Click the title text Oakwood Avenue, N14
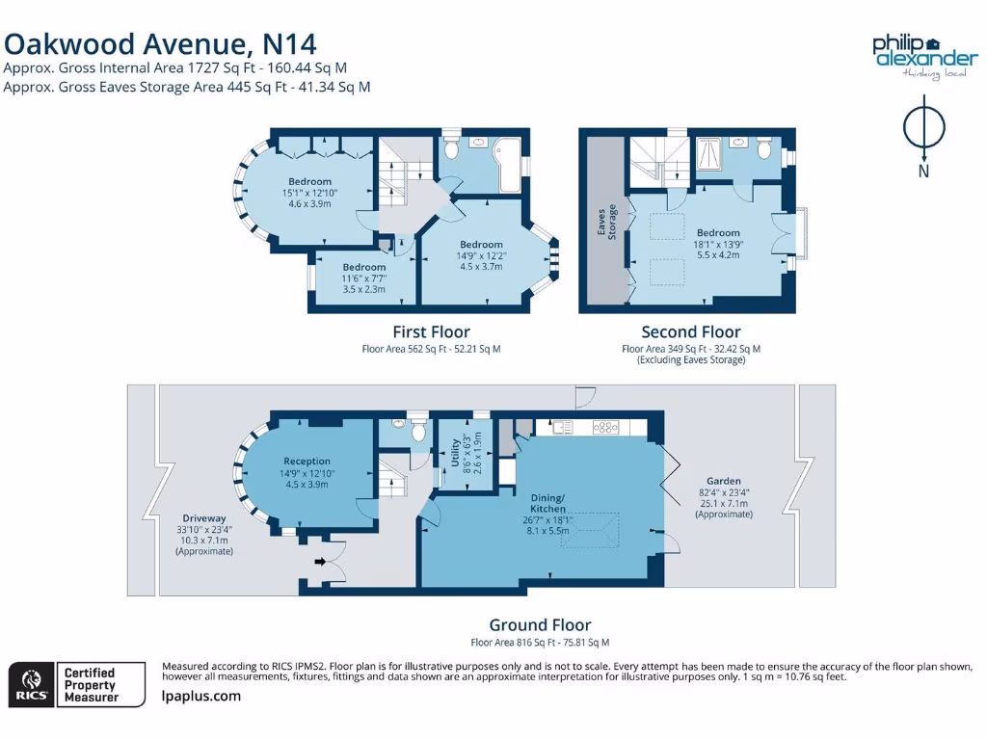tap(160, 43)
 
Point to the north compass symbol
tap(923, 135)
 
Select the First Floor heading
tap(431, 332)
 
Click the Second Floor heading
tap(691, 332)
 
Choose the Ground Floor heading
tap(540, 625)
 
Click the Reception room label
tap(307, 462)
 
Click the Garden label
tap(723, 481)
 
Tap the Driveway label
tap(203, 518)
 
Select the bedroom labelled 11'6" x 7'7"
tap(364, 267)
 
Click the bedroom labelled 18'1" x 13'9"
tap(718, 232)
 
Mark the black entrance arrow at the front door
tap(318, 562)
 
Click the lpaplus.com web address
tap(201, 696)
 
